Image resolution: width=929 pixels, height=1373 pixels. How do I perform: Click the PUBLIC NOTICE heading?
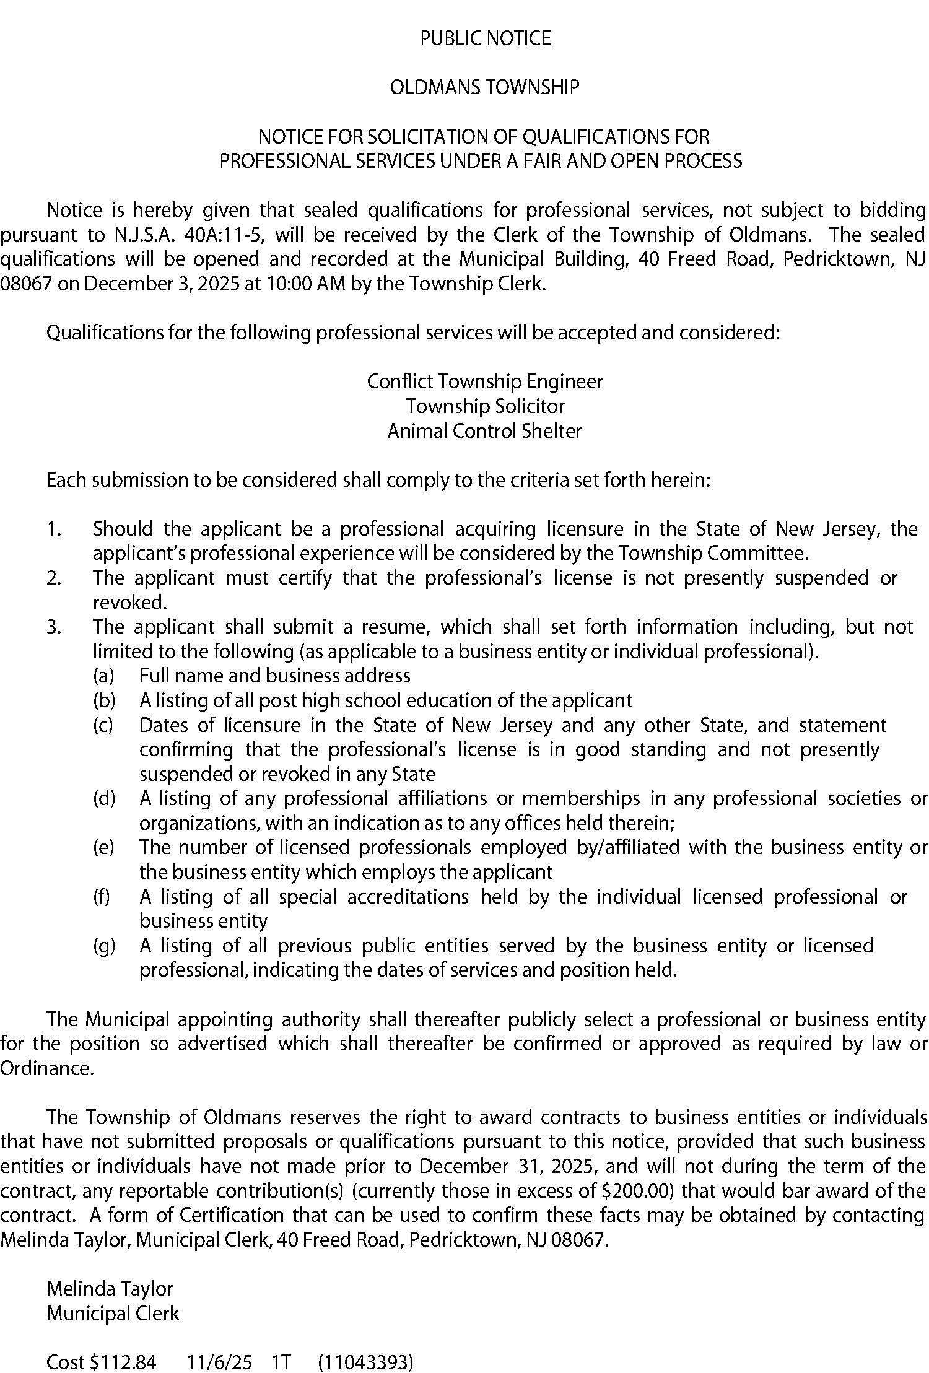485,39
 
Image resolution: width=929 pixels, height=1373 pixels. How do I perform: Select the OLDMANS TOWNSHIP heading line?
485,88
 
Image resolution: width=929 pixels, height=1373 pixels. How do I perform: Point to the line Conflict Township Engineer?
485,381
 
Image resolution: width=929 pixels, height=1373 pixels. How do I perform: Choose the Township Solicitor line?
485,406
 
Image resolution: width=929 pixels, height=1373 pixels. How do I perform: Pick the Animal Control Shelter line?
485,431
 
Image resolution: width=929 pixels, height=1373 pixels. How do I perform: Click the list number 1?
54,530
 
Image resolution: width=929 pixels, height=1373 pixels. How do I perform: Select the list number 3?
54,627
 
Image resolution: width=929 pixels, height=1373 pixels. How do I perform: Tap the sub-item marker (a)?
103,676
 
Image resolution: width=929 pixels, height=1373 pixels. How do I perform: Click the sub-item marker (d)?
104,798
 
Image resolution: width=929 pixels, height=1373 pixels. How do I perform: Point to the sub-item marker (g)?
104,946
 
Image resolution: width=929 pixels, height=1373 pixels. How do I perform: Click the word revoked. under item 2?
130,603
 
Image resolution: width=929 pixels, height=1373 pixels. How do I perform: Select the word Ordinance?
47,1068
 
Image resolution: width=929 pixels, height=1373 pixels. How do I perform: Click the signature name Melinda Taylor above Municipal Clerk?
110,1289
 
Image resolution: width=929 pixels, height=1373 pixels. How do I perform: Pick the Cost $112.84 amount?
123,1362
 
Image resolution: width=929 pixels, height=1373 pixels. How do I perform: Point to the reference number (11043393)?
365,1362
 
